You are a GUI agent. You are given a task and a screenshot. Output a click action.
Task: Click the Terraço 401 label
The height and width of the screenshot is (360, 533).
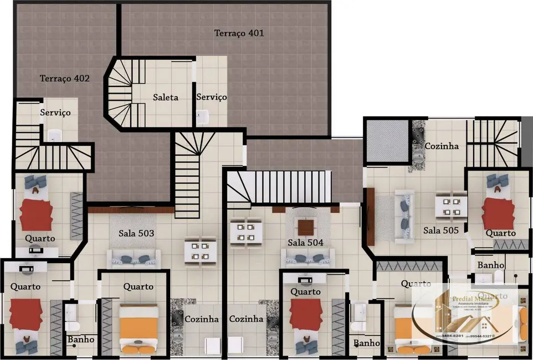pos(239,33)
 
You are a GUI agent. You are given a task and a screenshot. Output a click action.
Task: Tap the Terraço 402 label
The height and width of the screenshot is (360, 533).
pos(64,79)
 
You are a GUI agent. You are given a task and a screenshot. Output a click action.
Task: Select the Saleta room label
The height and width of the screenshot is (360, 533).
pos(166,97)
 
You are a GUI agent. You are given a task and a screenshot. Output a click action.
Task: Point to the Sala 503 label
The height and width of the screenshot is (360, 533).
pos(136,233)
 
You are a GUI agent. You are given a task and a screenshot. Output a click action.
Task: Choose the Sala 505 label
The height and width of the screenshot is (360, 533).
pos(441,230)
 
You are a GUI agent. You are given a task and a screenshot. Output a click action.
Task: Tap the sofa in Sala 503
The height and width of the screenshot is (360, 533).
pos(134,258)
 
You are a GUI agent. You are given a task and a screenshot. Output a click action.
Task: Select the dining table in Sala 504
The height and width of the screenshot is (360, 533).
pos(245,230)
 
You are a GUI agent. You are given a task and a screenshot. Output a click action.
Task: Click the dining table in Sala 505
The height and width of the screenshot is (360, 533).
pos(450,207)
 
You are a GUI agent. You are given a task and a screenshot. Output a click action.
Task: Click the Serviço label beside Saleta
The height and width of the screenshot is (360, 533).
pos(212,97)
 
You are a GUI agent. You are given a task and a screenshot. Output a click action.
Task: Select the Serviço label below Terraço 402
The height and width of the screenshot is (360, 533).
pos(55,112)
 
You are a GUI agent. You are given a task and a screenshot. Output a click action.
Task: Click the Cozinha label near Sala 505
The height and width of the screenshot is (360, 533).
pos(442,146)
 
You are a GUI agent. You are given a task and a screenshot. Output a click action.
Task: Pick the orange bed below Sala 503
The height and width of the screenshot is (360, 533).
pos(139,329)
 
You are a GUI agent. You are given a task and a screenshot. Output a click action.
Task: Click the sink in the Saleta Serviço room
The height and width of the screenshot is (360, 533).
pos(203,116)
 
